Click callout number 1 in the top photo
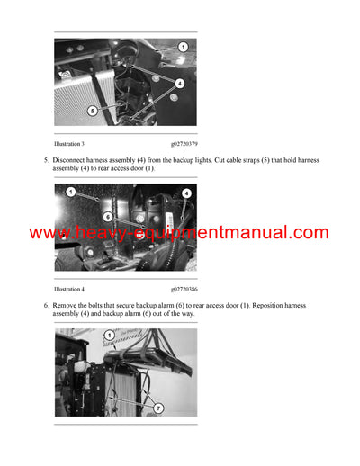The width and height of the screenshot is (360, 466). (183, 46)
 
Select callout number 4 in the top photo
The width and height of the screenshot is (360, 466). (180, 83)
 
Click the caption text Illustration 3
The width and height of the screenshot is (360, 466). (69, 144)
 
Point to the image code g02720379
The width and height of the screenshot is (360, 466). (184, 144)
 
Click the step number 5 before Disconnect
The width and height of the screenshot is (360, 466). (46, 159)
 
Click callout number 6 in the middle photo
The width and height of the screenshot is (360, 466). (107, 217)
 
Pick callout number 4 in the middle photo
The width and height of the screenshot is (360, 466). (186, 193)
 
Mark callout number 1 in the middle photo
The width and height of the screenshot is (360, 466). (69, 192)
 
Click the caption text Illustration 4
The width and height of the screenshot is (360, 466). (69, 290)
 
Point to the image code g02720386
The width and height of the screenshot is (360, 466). (184, 290)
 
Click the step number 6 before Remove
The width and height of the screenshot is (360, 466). (46, 306)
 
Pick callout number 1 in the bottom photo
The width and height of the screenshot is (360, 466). (110, 336)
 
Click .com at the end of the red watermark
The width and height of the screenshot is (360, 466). (311, 233)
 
